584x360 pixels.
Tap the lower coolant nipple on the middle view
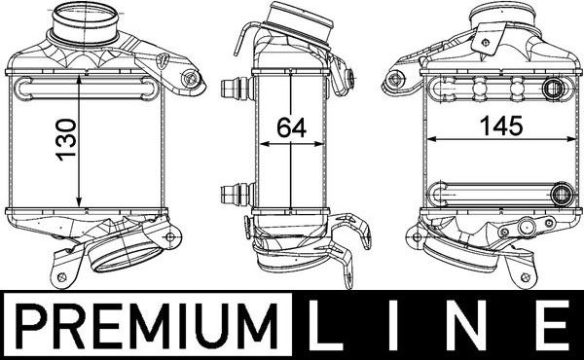click(x=235, y=191)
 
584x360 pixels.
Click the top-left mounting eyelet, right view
click(x=396, y=79)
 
